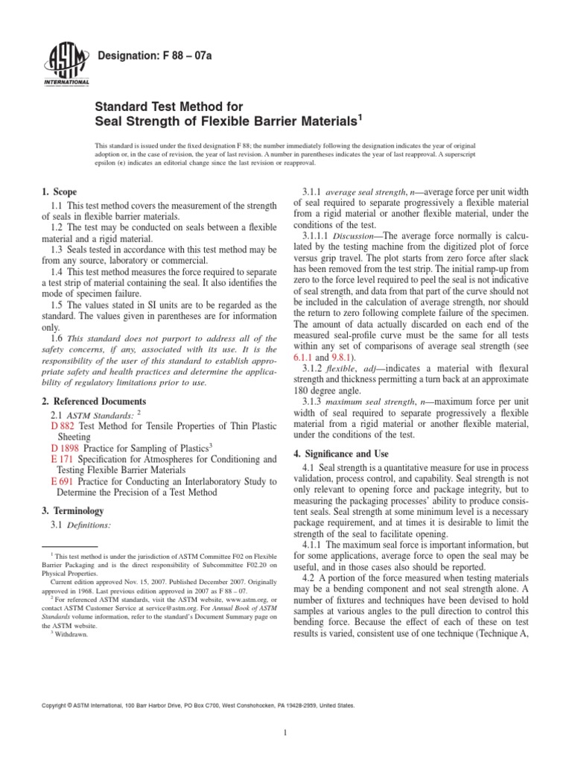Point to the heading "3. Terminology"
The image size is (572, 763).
72,510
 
